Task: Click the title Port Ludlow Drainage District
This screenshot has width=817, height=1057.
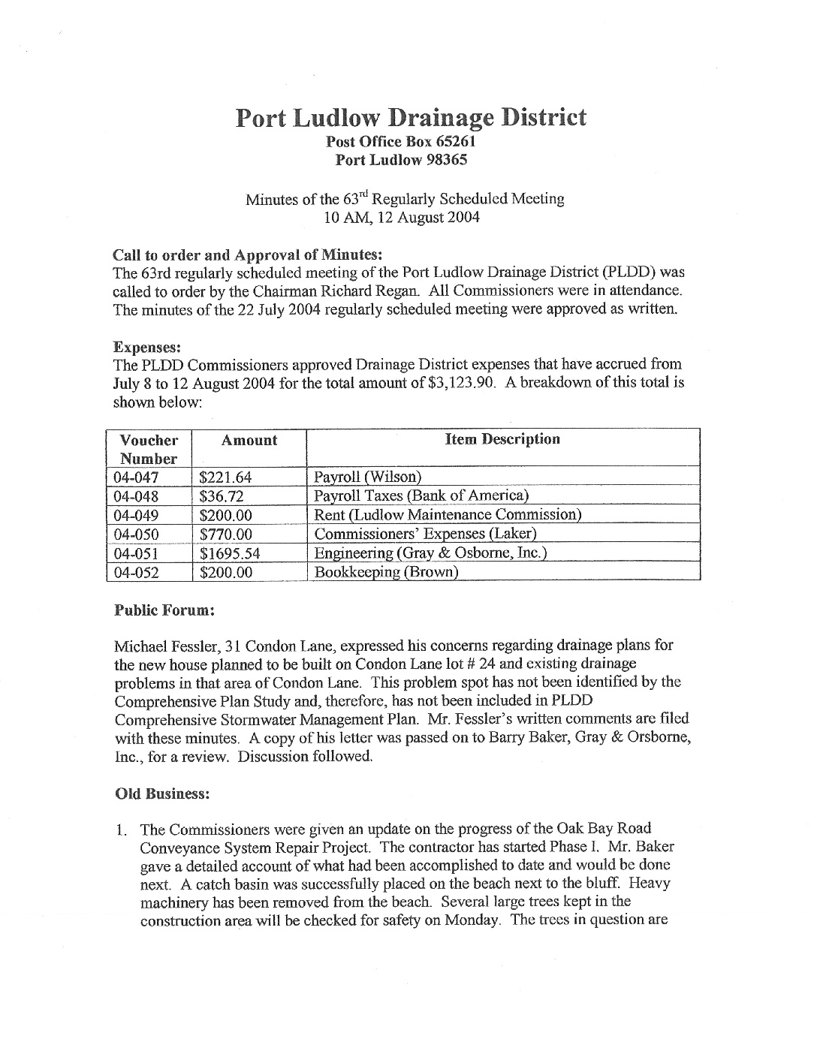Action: point(411,118)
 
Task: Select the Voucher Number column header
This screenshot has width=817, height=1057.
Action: point(149,449)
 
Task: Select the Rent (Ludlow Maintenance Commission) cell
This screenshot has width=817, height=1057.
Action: point(448,515)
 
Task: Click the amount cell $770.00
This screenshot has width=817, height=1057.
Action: point(225,535)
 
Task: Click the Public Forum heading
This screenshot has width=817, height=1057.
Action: point(164,610)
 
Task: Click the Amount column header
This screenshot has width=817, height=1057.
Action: point(249,441)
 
